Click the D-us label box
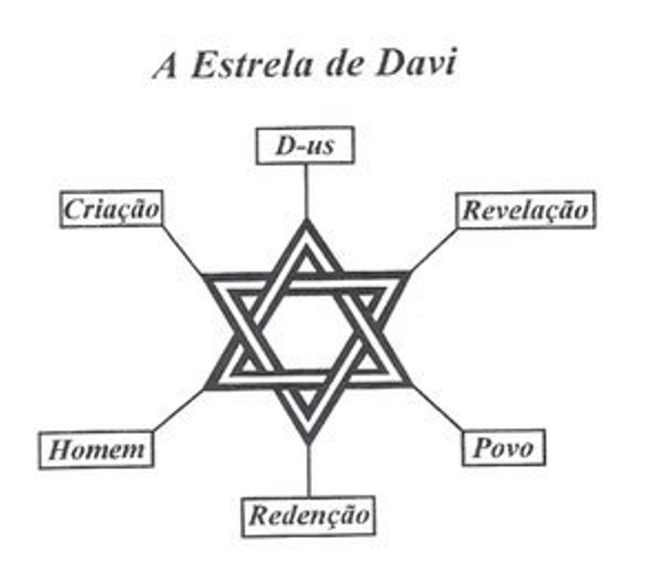tap(304, 145)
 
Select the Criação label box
tap(111, 208)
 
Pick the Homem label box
tap(96, 450)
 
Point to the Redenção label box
tap(310, 516)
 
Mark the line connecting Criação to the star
tap(182, 248)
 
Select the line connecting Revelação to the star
tap(434, 249)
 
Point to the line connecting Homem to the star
tap(179, 411)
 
